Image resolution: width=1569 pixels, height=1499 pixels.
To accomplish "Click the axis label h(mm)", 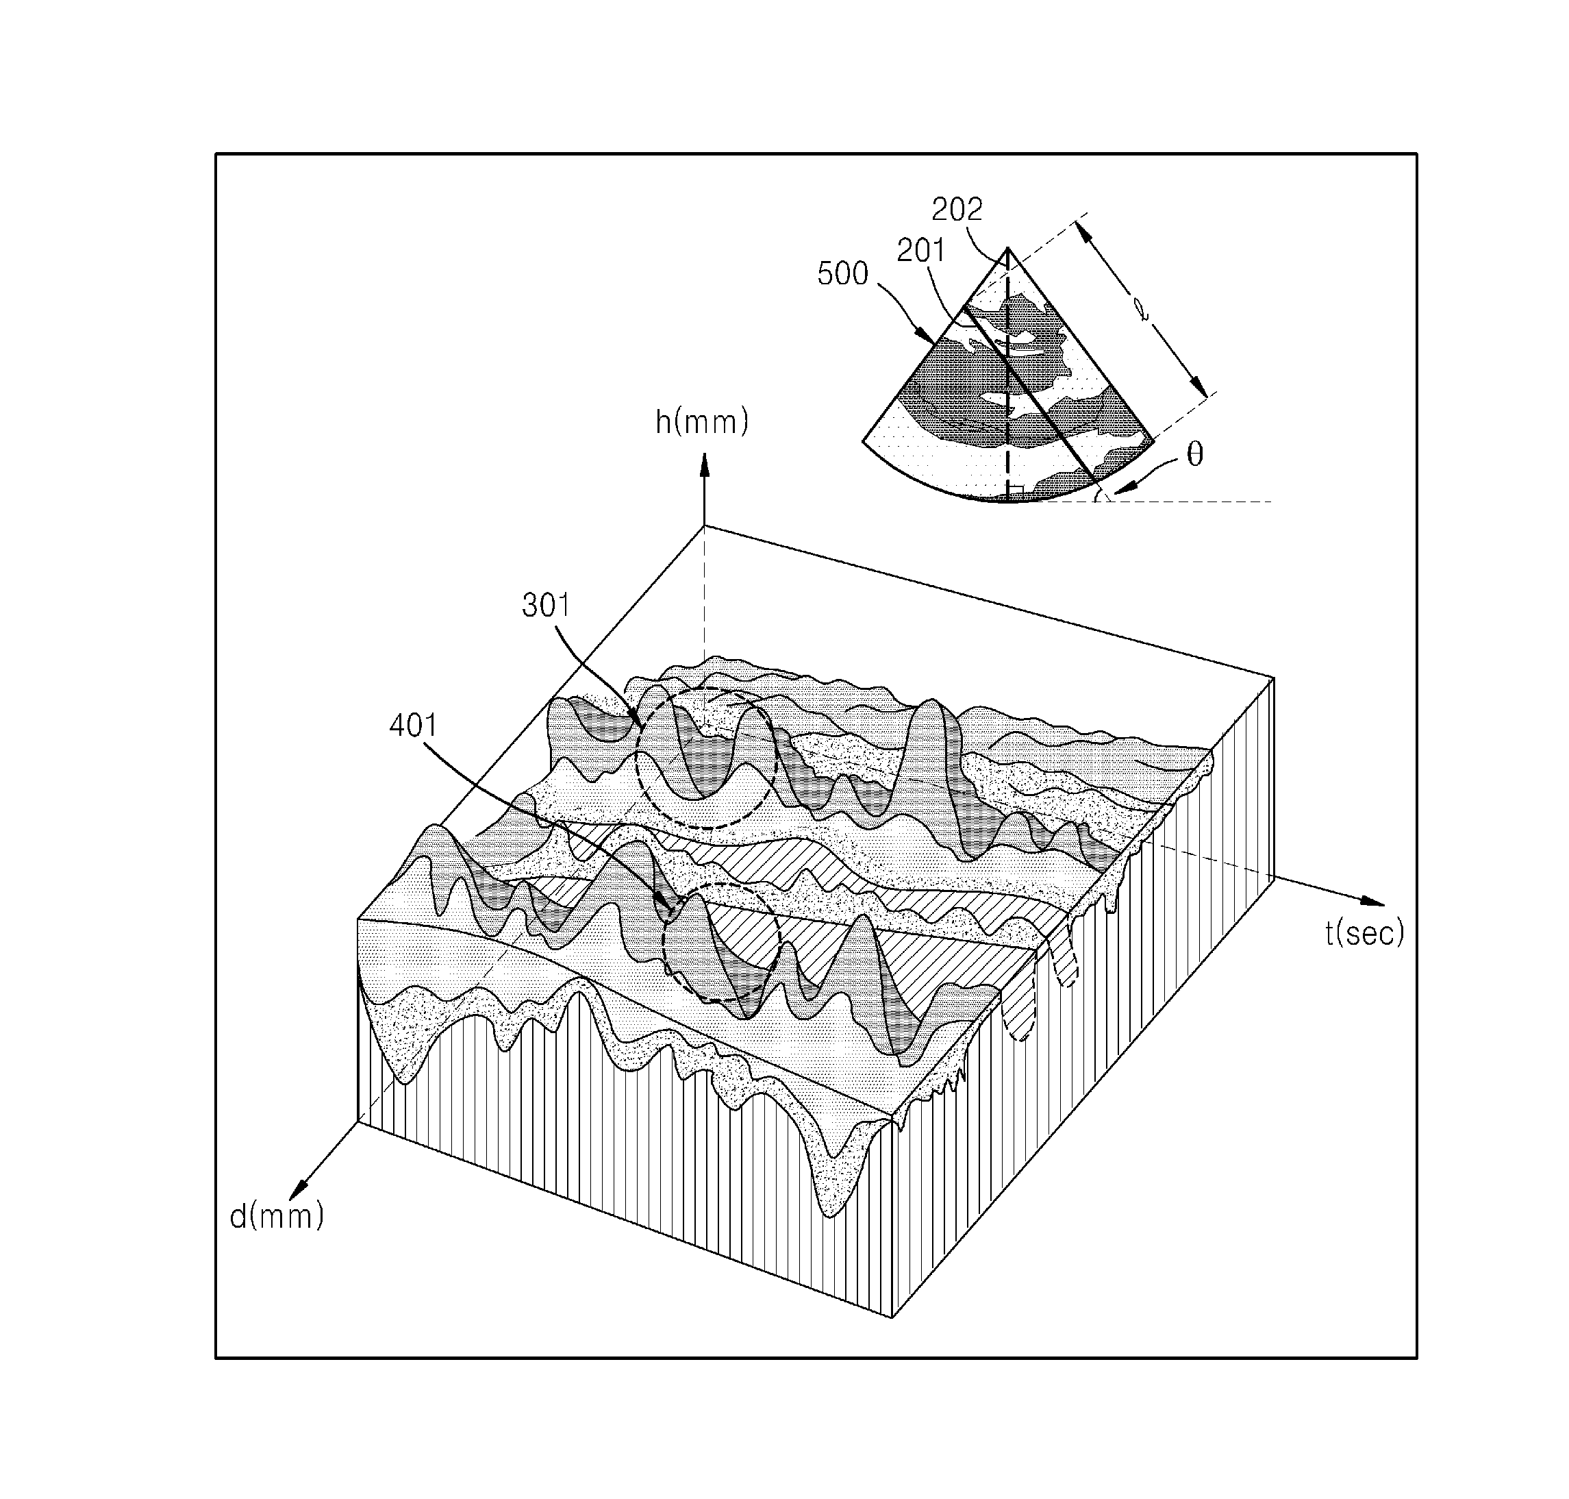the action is click(x=701, y=422).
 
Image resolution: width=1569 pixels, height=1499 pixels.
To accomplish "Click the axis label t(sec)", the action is click(x=1364, y=932).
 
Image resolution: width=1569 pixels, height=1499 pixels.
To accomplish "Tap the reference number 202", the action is click(x=957, y=210).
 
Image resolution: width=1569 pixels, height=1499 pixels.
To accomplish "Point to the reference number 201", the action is click(x=921, y=251).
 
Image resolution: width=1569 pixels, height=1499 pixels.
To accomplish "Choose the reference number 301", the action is click(x=547, y=606).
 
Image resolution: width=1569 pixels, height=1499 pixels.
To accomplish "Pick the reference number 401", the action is click(x=414, y=726).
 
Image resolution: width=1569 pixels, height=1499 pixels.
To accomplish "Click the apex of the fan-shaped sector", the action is click(x=1007, y=248).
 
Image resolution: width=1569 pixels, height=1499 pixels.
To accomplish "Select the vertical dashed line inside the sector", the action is click(x=1007, y=375).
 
